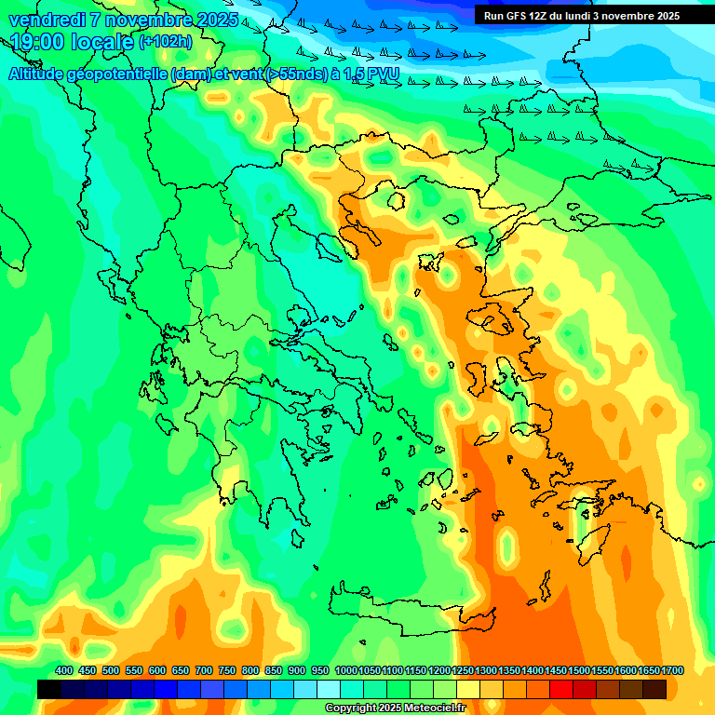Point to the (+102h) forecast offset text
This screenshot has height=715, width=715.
tap(165, 41)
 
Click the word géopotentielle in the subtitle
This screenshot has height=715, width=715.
tap(121, 74)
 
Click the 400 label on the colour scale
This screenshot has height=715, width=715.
tap(64, 670)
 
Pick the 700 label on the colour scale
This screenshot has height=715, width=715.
tap(204, 670)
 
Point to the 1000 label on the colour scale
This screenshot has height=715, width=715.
tap(345, 670)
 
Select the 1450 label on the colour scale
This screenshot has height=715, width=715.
tap(556, 670)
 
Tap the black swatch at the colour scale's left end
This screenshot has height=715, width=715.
tap(49, 689)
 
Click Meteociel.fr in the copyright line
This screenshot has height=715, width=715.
tap(434, 708)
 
